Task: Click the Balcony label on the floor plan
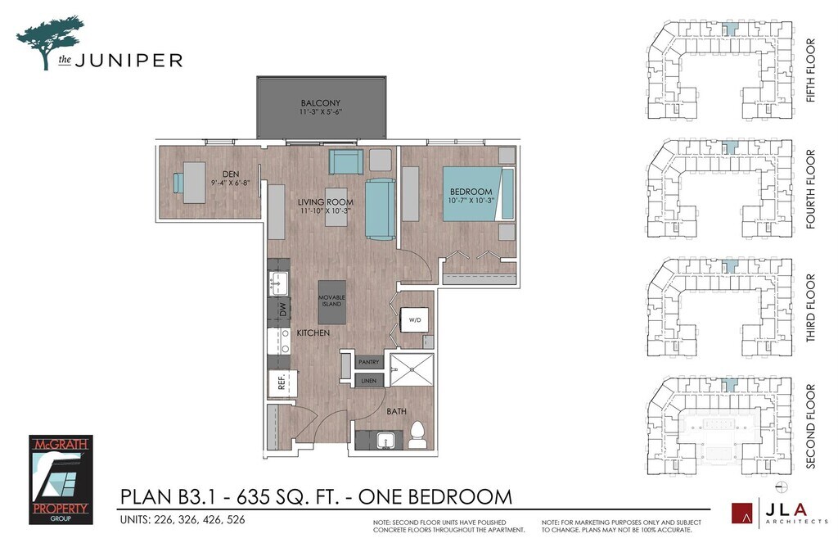click(320, 102)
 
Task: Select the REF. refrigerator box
click(282, 383)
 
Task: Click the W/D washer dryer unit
click(415, 320)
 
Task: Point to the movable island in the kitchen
click(331, 301)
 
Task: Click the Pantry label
click(369, 362)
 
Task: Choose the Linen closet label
click(369, 381)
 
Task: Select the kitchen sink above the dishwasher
click(278, 282)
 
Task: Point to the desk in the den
click(194, 183)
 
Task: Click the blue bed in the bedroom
click(478, 193)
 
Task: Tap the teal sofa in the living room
click(381, 209)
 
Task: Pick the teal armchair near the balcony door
click(346, 161)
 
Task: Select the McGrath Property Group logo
click(61, 479)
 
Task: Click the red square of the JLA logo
click(741, 513)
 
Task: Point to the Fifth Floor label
click(810, 70)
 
